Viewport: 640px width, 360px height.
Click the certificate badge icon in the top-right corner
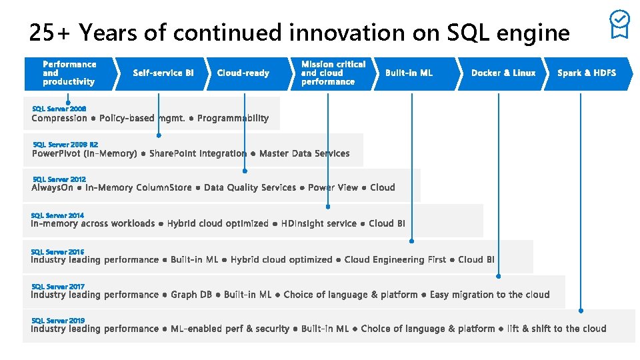coord(619,24)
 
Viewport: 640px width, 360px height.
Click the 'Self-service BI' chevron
coord(163,73)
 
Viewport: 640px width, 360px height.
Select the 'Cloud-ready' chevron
coord(243,73)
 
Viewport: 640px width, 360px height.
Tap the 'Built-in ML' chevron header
coord(409,73)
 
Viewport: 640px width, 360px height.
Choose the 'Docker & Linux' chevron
coord(503,73)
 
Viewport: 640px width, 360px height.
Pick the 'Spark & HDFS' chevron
coord(586,73)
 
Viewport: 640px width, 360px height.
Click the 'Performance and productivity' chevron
coord(69,73)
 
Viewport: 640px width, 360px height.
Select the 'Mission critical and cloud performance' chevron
coord(333,73)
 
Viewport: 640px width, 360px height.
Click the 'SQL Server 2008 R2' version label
coord(65,144)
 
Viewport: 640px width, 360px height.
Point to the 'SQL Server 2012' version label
coord(59,179)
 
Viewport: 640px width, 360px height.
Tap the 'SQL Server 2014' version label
coord(57,215)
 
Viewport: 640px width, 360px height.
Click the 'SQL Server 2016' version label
coord(57,251)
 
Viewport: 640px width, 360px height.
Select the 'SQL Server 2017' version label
coord(57,286)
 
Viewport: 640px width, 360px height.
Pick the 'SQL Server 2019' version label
coord(57,321)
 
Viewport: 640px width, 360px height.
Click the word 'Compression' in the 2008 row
coord(59,119)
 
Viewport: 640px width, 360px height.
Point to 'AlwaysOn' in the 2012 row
coord(52,188)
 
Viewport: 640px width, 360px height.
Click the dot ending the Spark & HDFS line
coord(581,311)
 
